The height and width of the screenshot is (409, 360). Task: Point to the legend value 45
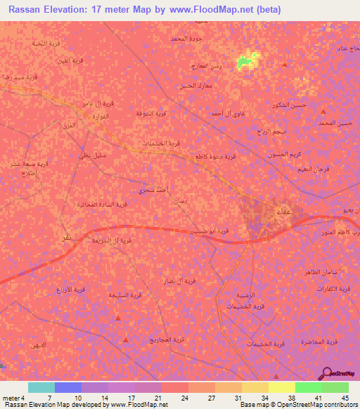point(345,397)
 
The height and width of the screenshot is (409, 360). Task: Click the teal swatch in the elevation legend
point(41,387)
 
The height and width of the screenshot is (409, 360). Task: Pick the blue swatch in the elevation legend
point(68,387)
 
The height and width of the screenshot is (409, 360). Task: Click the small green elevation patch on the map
point(245,62)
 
